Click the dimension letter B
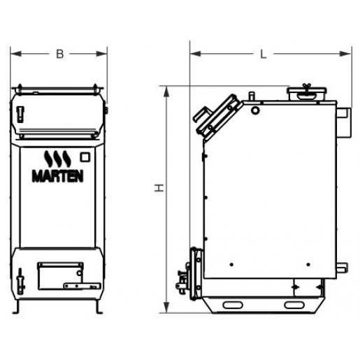[x=60, y=54]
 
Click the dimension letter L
[x=264, y=55]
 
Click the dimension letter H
[x=159, y=188]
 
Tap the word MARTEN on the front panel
[x=57, y=176]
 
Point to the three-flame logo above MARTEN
[x=57, y=159]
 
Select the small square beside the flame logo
[x=85, y=157]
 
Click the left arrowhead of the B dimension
[x=16, y=54]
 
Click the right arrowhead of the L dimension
[x=345, y=54]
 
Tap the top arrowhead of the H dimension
[x=166, y=92]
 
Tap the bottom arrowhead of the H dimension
[x=166, y=308]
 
